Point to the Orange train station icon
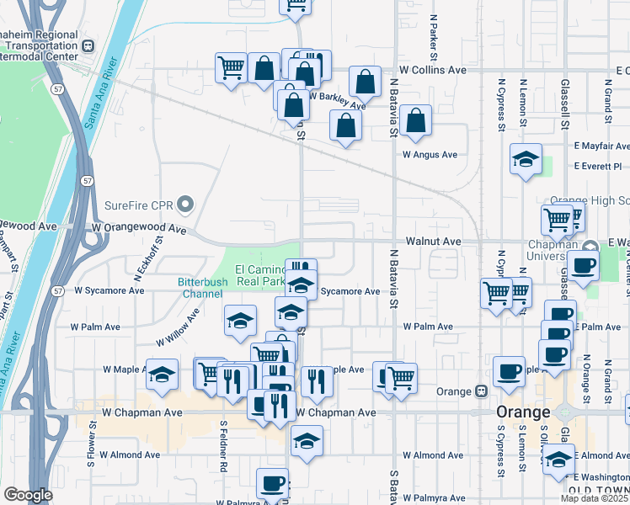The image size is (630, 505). tap(481, 391)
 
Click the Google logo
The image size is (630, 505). tap(28, 495)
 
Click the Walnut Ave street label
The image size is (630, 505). tap(433, 241)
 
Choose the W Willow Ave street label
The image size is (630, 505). tap(178, 327)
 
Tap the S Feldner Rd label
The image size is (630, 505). tap(222, 446)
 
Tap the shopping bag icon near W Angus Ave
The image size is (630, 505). tap(416, 120)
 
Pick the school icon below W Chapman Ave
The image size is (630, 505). tap(307, 440)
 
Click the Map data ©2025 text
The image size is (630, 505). tap(594, 498)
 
